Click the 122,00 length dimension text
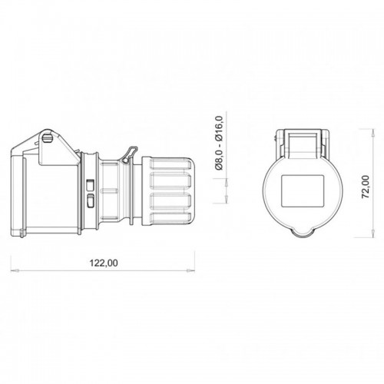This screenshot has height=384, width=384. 104,263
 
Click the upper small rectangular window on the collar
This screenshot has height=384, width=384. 91,185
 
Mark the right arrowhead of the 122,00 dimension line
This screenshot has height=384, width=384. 192,270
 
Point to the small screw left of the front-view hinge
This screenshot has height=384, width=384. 274,139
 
